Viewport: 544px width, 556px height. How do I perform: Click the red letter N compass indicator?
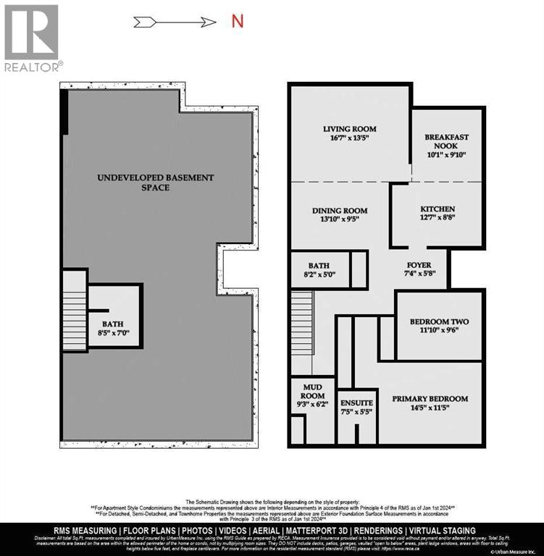pos(237,20)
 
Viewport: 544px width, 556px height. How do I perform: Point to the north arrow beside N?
pos(186,22)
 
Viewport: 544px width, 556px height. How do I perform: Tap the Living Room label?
pos(350,129)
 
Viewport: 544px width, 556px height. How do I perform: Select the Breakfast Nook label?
pos(447,142)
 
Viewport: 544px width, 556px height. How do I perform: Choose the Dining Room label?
pos(335,210)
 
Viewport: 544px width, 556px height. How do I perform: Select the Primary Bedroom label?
pos(430,398)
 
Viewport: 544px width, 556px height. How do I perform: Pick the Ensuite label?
pos(356,403)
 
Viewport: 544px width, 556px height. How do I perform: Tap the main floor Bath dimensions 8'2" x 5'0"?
pos(319,275)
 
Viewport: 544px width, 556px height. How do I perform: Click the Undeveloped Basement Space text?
pos(156,182)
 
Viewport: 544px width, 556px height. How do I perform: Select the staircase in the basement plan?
pos(73,310)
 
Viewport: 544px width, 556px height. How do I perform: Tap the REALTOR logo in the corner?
pos(32,38)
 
